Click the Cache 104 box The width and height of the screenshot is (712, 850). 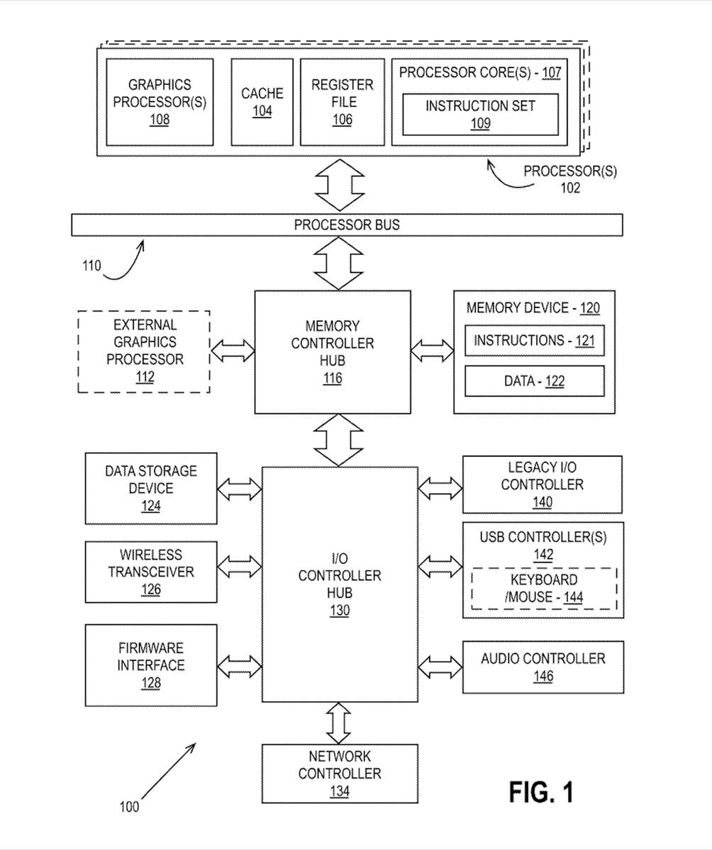(x=262, y=102)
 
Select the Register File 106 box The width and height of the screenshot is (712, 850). (x=342, y=102)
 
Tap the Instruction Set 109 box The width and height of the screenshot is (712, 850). (x=480, y=114)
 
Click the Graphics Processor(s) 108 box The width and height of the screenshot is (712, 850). (x=160, y=102)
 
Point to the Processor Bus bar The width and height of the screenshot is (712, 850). (x=347, y=225)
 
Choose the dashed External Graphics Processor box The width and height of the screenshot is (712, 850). (x=145, y=351)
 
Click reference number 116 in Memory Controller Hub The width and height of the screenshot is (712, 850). (x=333, y=378)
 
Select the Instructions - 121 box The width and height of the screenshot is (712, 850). (x=534, y=341)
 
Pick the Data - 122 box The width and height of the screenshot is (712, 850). (x=534, y=381)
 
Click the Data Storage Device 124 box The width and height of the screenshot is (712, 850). (x=151, y=488)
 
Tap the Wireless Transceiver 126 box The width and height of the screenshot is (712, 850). (x=151, y=572)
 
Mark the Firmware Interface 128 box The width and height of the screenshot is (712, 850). (x=151, y=665)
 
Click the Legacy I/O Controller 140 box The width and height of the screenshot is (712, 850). (x=543, y=484)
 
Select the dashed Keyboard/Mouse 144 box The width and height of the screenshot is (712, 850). (x=544, y=589)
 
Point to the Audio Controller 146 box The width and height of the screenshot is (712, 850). (x=543, y=667)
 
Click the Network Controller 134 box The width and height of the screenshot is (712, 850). (x=340, y=773)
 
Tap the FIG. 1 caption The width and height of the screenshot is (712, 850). (x=541, y=792)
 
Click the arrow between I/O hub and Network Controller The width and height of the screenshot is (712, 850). (x=339, y=722)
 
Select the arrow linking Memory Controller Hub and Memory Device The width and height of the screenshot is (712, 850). (x=433, y=351)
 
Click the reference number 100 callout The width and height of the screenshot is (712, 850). (x=129, y=806)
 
